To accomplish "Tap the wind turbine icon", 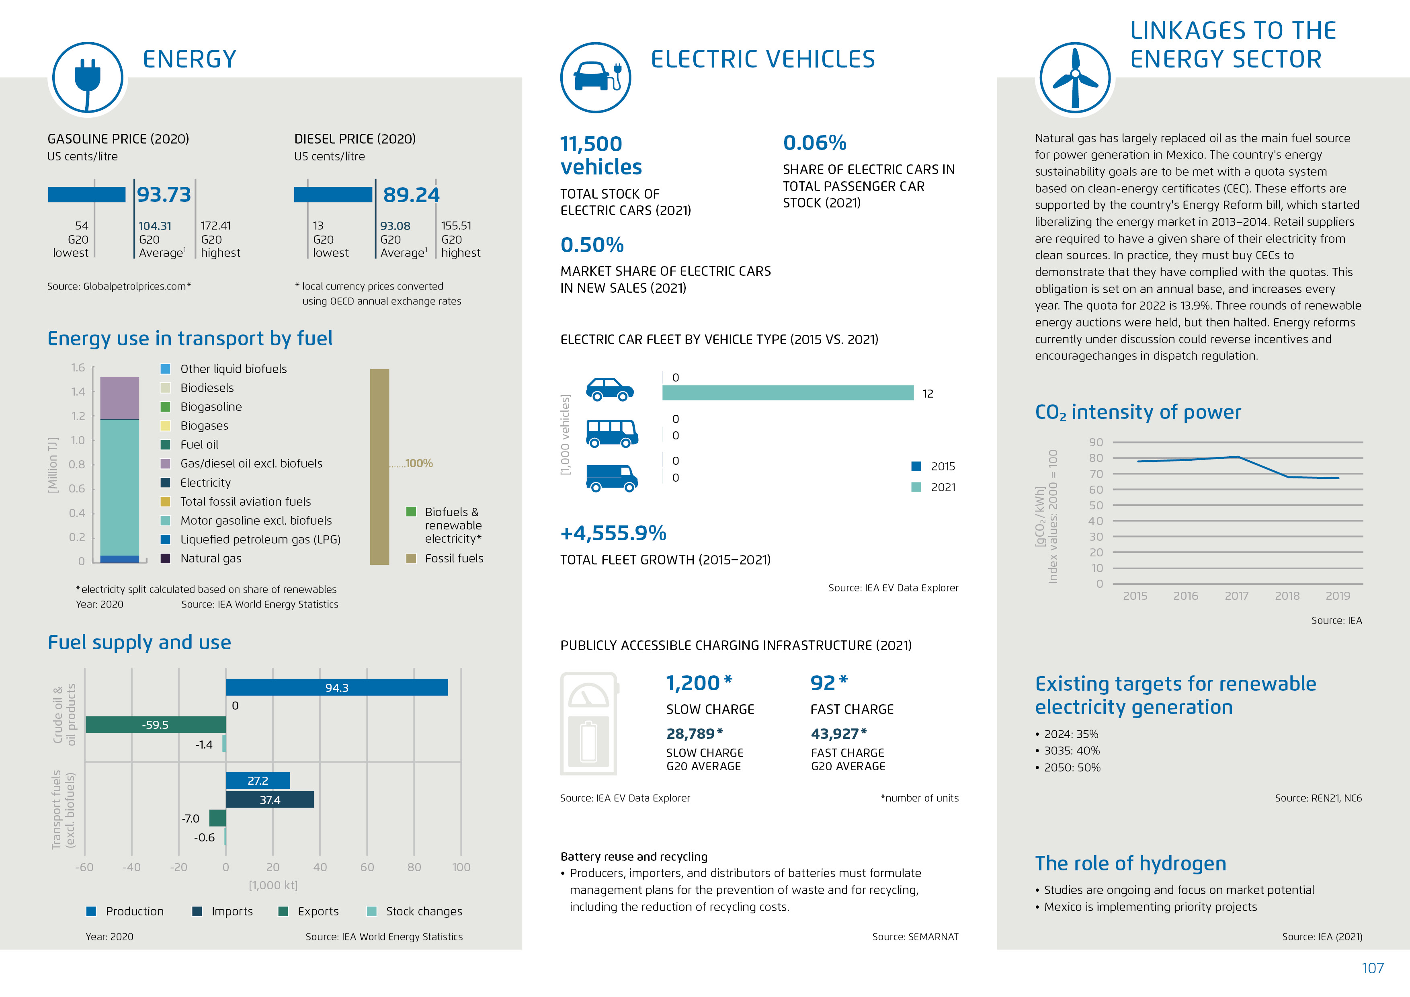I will (x=1075, y=78).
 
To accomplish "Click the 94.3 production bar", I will (x=336, y=687).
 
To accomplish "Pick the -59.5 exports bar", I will (x=156, y=725).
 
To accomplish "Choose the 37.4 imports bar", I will (x=270, y=800).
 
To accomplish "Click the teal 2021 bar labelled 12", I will (x=787, y=393).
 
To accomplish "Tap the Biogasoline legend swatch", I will (x=165, y=407).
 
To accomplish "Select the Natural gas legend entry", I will (x=210, y=558).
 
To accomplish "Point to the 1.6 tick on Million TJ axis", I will (x=78, y=368).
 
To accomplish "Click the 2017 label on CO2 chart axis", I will (x=1236, y=596).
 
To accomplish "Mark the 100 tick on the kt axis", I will (x=461, y=868).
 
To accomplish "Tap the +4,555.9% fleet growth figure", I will (x=613, y=533).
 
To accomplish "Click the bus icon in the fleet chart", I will (x=612, y=433).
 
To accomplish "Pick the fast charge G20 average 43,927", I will (x=838, y=734).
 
